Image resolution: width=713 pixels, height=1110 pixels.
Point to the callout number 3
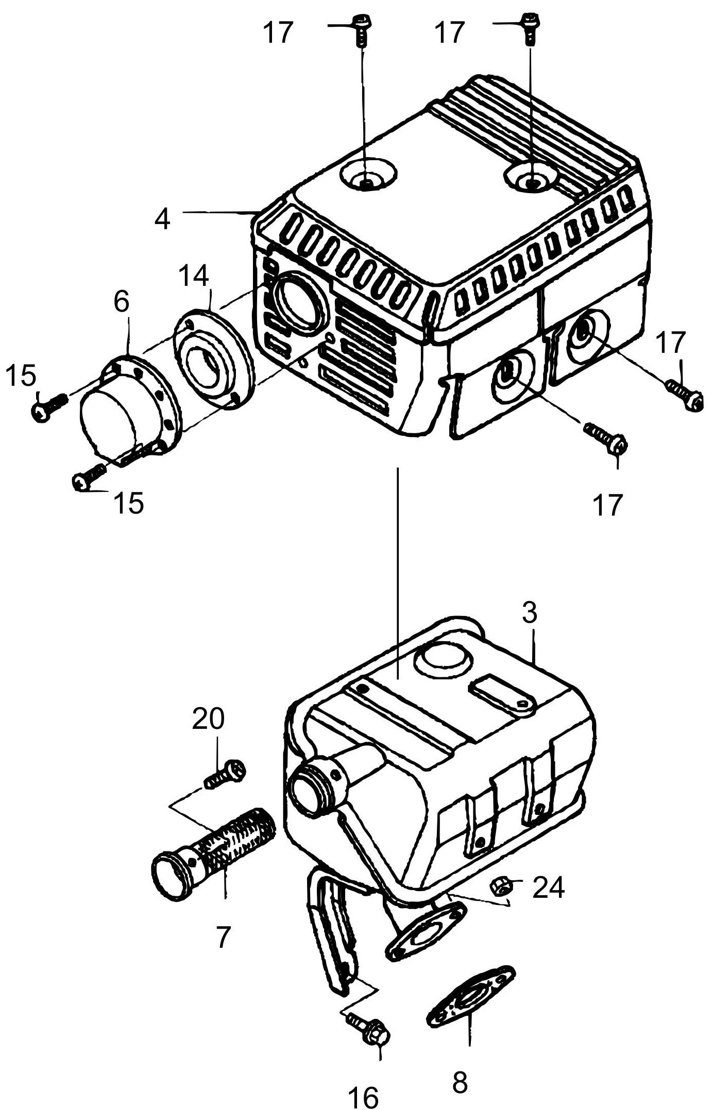(x=529, y=613)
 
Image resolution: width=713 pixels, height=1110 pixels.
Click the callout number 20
(x=208, y=719)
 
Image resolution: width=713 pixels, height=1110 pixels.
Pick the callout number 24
(x=549, y=888)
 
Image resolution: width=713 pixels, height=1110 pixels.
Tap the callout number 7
(x=222, y=937)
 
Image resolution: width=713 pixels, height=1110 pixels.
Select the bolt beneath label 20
(x=226, y=776)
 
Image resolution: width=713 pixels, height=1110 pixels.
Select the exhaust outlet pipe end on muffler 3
(x=308, y=791)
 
